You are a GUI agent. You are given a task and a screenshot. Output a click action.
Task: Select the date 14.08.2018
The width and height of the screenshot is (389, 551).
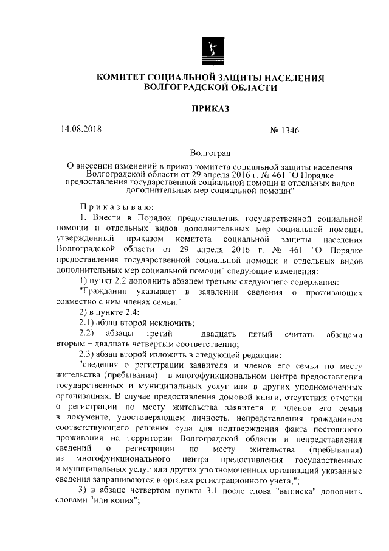pos(81,129)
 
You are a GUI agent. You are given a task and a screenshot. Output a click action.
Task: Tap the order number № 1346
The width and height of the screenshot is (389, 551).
pos(283,130)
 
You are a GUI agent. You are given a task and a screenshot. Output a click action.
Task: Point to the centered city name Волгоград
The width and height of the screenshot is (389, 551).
pos(210,153)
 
